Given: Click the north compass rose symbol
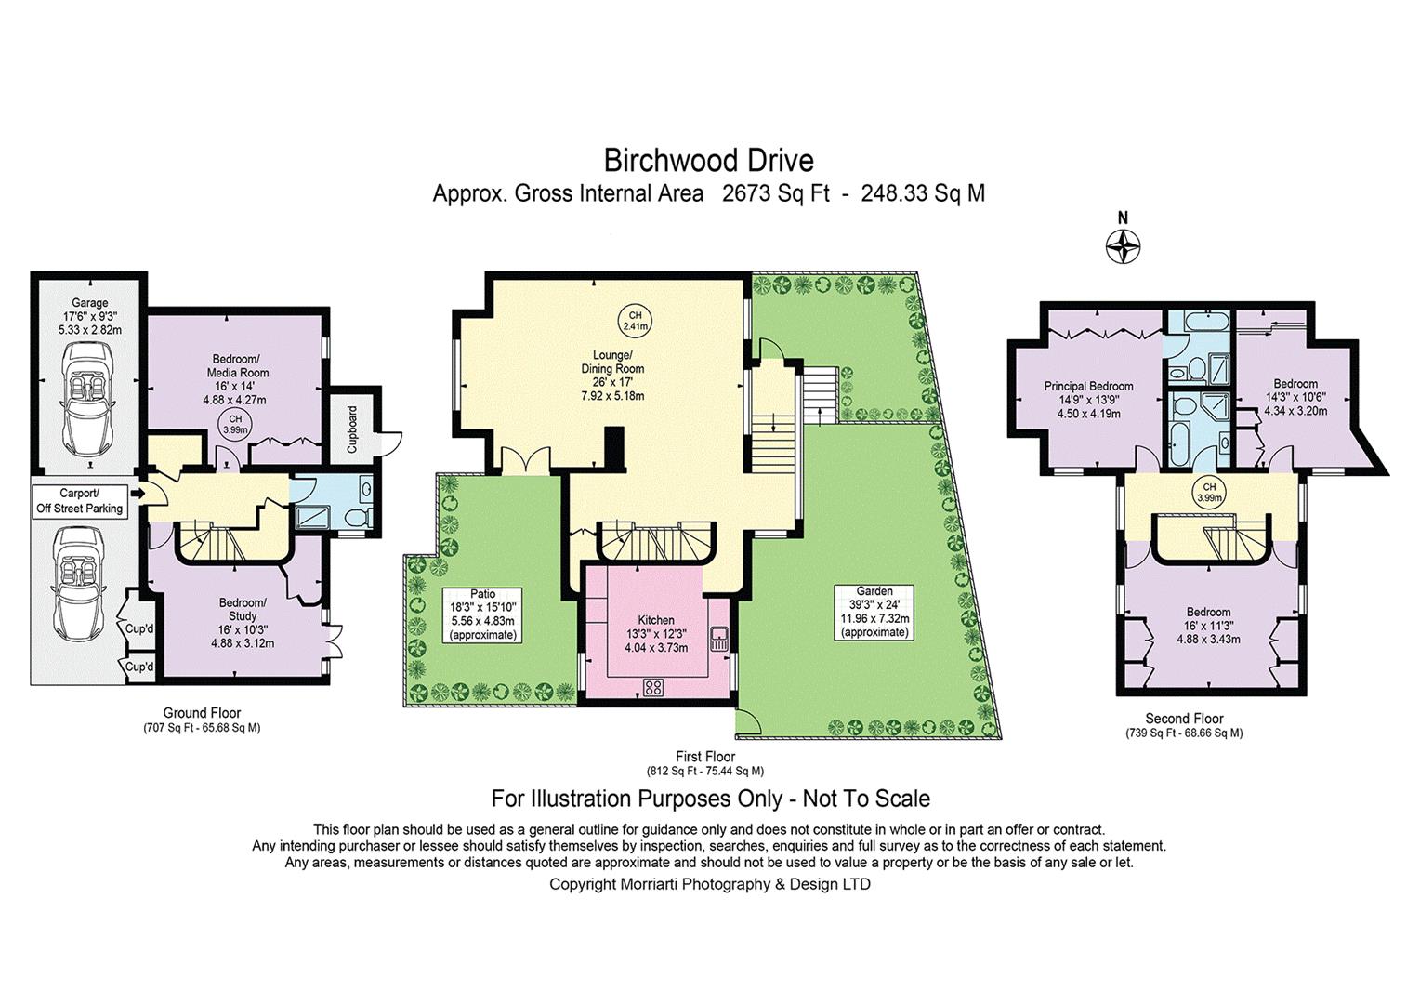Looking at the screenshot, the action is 1123,246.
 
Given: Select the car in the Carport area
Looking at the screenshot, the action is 80,585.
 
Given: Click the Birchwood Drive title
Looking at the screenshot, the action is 709,161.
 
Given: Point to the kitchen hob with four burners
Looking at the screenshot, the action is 653,687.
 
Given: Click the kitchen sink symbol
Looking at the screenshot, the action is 719,638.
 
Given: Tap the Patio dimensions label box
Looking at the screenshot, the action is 482,614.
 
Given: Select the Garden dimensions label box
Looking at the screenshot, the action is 874,612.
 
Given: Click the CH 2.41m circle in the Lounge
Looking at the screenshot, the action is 636,321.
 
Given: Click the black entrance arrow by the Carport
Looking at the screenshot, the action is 137,492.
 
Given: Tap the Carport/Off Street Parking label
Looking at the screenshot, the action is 79,500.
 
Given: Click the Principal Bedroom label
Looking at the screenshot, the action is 1088,386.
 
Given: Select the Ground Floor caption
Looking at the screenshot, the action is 202,712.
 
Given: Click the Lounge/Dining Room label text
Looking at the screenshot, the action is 612,362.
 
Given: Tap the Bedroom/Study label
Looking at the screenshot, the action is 243,609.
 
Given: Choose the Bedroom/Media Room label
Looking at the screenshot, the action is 238,366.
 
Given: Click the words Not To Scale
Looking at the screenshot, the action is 866,799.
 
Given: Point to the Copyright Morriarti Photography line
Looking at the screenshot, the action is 709,883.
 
